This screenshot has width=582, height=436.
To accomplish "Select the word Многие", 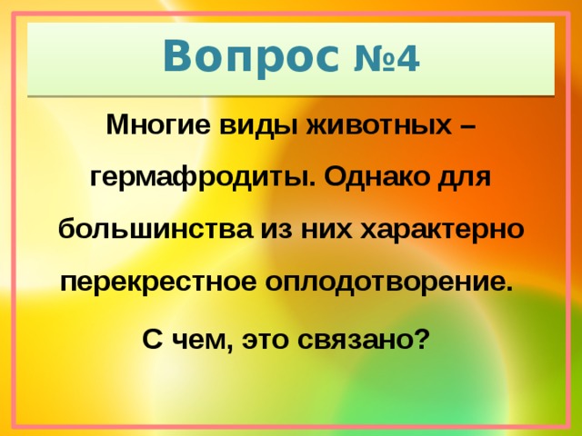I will point(159,124).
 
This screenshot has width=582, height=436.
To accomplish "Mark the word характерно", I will point(443,230).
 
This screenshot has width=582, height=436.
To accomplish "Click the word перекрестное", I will point(157,283).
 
